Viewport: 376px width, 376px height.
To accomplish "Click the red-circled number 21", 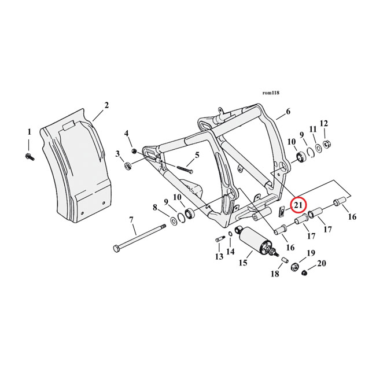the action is [298, 205].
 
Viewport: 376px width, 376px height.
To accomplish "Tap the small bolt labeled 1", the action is [30, 157].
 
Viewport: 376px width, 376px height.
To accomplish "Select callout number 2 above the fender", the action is [106, 105].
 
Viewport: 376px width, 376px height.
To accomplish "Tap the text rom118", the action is [271, 93].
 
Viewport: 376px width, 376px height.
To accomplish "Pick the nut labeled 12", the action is [326, 144].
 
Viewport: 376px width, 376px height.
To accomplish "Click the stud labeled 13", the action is [220, 239].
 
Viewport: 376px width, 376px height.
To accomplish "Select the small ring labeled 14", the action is [230, 234].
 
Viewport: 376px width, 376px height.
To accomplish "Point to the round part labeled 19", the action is [294, 267].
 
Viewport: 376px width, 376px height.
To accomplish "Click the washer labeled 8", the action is [173, 220].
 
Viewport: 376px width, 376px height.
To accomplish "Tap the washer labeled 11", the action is [319, 149].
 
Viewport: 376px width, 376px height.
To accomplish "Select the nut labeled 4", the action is [135, 151].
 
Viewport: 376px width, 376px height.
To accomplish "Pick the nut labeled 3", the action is [128, 165].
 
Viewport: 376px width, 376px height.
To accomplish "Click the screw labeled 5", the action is [184, 169].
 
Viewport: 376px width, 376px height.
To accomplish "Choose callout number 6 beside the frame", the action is [288, 111].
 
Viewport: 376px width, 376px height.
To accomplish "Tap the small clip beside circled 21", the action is [282, 212].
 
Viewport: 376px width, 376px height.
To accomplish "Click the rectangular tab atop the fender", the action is [69, 126].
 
